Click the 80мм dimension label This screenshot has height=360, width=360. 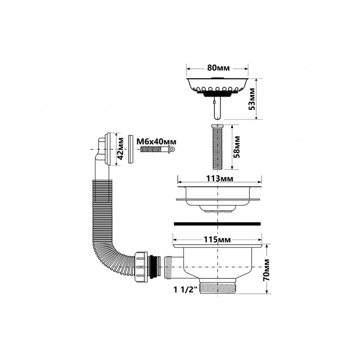coord(218,68)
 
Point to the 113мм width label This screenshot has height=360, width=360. coord(220,179)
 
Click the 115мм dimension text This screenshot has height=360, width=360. coord(217,240)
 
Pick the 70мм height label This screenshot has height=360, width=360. coord(266,270)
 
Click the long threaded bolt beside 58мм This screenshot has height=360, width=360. coord(217,147)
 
